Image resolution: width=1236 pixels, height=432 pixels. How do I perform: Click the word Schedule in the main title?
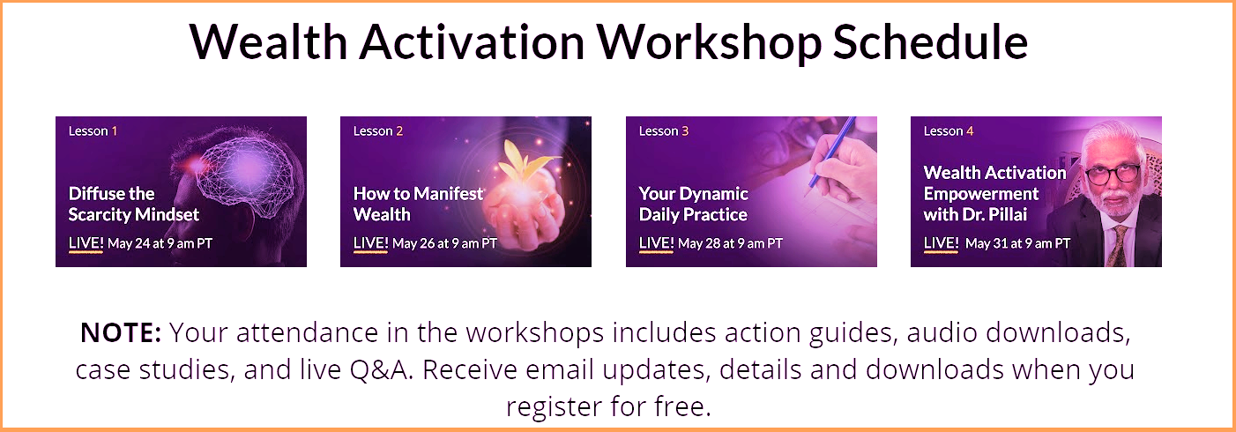[x=930, y=42]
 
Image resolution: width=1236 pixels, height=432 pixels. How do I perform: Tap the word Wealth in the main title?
[x=269, y=42]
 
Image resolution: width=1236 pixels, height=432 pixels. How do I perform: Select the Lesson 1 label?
[x=93, y=131]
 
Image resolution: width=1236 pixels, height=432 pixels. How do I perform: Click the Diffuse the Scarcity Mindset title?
[x=133, y=205]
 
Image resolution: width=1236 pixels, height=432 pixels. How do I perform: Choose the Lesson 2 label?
[x=378, y=131]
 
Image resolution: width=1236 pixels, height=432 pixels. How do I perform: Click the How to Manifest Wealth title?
[x=418, y=205]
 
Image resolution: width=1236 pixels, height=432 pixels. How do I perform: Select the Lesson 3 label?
[x=664, y=131]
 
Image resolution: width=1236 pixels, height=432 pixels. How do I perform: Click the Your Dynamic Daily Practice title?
[x=694, y=205]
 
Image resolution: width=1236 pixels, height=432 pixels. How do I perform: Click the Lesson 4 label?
[x=949, y=131]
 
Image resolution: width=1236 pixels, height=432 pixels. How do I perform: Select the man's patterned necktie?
[x=1116, y=246]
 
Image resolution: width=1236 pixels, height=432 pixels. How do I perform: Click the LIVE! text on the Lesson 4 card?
[x=941, y=243]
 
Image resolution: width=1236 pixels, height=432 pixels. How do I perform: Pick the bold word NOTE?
[x=121, y=332]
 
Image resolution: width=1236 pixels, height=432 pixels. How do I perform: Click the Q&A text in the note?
[x=381, y=369]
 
